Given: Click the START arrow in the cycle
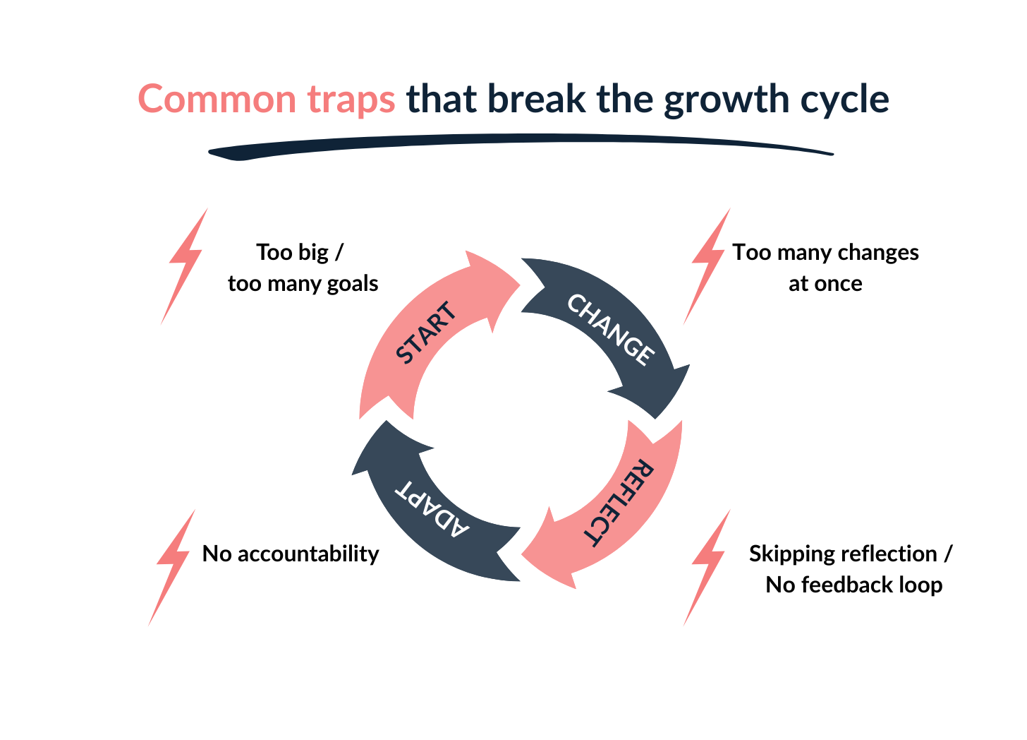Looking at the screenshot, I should click(x=423, y=333).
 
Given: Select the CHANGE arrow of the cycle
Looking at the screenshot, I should click(x=611, y=330).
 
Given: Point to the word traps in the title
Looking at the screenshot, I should click(x=351, y=100).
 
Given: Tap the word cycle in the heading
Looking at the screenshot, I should click(x=844, y=100).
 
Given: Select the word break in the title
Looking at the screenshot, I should click(x=536, y=99).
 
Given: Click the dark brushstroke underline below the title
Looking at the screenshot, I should click(x=522, y=145).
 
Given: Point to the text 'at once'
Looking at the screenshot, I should click(x=825, y=284).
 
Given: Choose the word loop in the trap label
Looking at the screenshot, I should click(x=921, y=585).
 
